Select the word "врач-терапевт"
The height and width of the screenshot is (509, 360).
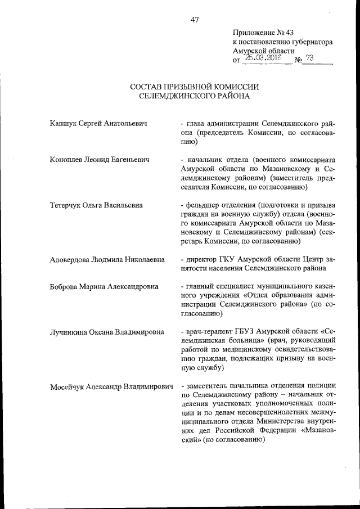[x=210, y=331]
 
